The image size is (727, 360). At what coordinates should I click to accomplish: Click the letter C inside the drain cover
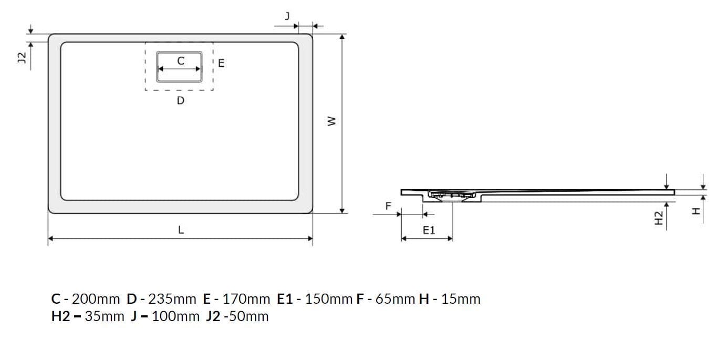tap(180, 61)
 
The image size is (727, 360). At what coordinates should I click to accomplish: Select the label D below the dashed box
tap(180, 100)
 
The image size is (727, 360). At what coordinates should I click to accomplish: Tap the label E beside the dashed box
tap(221, 63)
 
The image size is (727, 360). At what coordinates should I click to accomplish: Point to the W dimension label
tap(330, 121)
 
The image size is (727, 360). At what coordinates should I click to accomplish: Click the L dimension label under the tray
tap(181, 229)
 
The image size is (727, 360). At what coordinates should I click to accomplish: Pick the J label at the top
tap(287, 16)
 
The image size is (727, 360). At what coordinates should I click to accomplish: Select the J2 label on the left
tap(22, 58)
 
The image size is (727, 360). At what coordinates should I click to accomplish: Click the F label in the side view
tap(388, 205)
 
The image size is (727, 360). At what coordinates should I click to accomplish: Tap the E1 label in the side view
tap(429, 230)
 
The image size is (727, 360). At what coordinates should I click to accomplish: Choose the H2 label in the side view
tap(659, 218)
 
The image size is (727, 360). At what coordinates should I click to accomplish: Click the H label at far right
tap(696, 211)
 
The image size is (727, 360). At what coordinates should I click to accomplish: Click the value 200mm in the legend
tap(96, 300)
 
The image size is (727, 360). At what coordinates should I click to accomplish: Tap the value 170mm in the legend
tap(246, 300)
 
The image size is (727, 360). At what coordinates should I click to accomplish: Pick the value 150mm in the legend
tap(329, 300)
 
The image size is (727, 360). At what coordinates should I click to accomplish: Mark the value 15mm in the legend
tap(461, 300)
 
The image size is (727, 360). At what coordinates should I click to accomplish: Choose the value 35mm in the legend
tap(105, 316)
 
